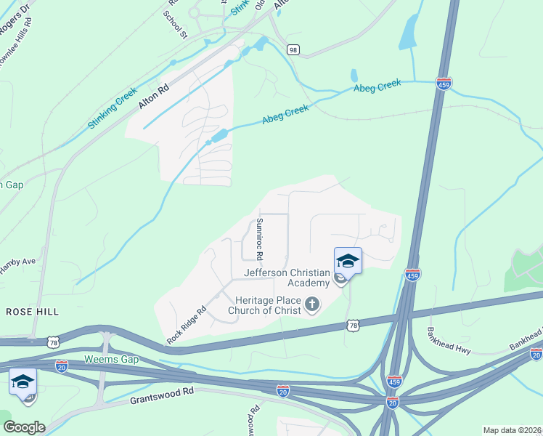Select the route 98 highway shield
293,49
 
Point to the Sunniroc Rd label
259,238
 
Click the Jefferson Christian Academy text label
287,278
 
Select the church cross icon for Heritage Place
312,304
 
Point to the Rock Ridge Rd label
187,324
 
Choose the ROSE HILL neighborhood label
32,311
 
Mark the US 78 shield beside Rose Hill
53,341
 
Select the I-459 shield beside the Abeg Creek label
444,84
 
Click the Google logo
23,427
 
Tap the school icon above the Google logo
23,381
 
